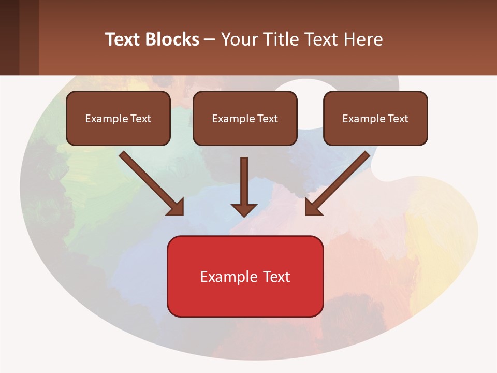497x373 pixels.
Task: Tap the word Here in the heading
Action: pyautogui.click(x=364, y=39)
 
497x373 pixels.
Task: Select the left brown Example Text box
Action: pyautogui.click(x=118, y=118)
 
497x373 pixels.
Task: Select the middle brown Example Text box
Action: pyautogui.click(x=245, y=118)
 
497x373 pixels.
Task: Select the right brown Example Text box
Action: pyautogui.click(x=375, y=118)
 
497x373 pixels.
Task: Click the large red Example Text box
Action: pyautogui.click(x=245, y=276)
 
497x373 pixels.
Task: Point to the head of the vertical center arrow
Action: pyautogui.click(x=244, y=210)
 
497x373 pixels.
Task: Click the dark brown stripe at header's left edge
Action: pyautogui.click(x=9, y=37)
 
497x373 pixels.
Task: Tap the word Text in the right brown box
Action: pyautogui.click(x=398, y=119)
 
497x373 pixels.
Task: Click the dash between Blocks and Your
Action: pyautogui.click(x=210, y=39)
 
